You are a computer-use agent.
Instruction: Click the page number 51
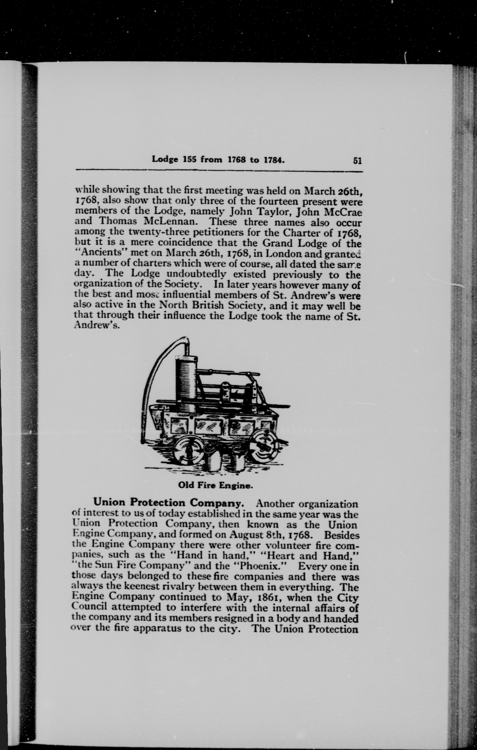[357, 161]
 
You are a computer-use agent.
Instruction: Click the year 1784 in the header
[273, 160]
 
